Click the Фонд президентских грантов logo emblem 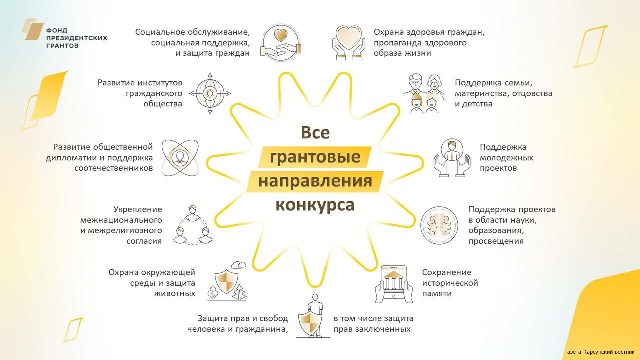[x=33, y=29]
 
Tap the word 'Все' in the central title [x=315, y=133]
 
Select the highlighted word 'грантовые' [x=315, y=157]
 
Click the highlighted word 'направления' [x=315, y=181]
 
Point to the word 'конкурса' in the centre [x=315, y=205]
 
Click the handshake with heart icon [x=281, y=43]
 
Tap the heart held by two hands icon [x=349, y=43]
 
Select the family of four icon [x=424, y=93]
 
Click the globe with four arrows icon [x=210, y=93]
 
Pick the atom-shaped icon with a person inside [x=180, y=158]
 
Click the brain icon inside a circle [x=439, y=225]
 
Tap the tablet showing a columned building [x=394, y=284]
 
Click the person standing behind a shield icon [x=313, y=316]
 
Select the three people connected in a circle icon [x=193, y=225]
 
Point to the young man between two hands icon [x=452, y=158]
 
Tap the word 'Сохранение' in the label [x=447, y=272]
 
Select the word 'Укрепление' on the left [x=137, y=209]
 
